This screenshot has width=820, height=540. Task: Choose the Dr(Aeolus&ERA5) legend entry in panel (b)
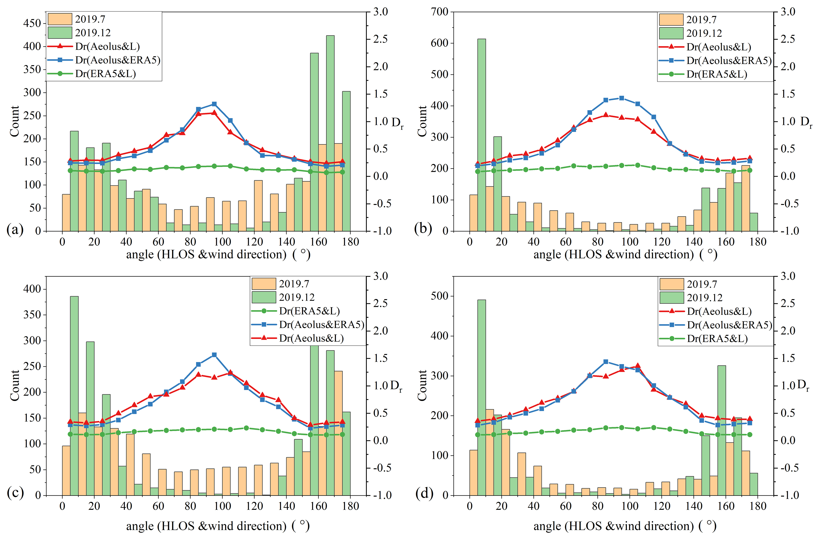[729, 61]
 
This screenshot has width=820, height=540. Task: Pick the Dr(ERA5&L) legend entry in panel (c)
[309, 311]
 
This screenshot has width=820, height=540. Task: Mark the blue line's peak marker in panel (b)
[621, 98]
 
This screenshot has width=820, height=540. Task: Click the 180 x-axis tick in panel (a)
[350, 242]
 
